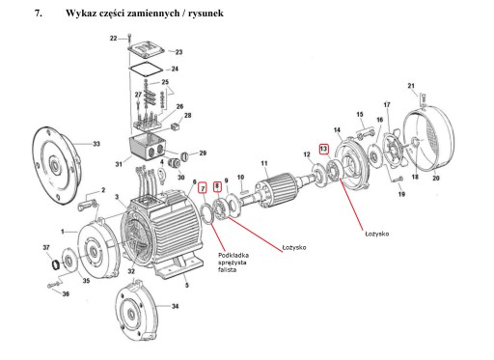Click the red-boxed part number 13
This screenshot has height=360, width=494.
(323, 149)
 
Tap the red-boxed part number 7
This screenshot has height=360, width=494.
(203, 188)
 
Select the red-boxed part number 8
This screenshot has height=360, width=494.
(217, 186)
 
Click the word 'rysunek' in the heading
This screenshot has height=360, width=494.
(206, 14)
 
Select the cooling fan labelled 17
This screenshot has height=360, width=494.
(394, 151)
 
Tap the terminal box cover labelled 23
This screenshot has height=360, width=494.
(147, 50)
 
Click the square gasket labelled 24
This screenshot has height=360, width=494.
(147, 69)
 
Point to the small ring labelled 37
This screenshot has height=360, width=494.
(56, 264)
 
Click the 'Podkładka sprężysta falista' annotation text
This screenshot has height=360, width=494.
(233, 263)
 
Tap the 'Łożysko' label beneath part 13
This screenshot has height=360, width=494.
(376, 234)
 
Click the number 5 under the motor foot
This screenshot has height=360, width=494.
(187, 285)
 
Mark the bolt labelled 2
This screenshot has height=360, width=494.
(87, 206)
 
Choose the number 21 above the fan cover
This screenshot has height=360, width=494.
(411, 86)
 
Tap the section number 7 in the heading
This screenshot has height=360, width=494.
(39, 14)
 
